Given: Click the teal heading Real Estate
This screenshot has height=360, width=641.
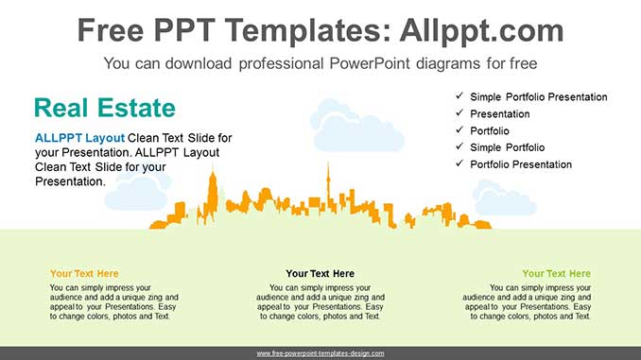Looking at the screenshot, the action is pos(105,108).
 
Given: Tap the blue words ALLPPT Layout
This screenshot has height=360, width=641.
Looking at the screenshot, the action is pos(79,138).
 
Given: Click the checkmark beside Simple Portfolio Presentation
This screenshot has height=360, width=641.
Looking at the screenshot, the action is pos(459,95).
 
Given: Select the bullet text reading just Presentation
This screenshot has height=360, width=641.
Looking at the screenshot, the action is pos(499,114).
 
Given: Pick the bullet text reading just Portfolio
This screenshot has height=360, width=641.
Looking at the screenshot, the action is pos(490,130).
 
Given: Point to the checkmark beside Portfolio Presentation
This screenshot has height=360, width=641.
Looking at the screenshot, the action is pos(459,163).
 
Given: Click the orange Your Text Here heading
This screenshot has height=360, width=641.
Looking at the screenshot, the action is pos(84,273).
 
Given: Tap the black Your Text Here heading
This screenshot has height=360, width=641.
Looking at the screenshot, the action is pos(320,273).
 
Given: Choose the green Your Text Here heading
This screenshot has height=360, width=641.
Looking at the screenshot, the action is pos(556,273).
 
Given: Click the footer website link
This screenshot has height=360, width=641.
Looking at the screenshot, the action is pos(320,353).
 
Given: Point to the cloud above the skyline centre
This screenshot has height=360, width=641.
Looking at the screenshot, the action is pos(356,125).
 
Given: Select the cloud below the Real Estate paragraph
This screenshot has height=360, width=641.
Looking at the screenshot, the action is pos(138,191).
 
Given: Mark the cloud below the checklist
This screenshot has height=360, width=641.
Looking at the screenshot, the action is pos(504,198).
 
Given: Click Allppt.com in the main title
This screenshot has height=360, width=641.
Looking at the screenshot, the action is pos(481,30).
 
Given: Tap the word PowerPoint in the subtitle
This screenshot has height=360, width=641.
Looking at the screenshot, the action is pos(370,63).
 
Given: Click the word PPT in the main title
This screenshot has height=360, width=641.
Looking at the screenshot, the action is pos(184,30).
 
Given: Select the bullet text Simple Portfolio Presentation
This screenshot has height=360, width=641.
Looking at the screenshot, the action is pos(538,96).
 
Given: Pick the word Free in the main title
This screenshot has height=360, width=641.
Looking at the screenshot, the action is pos(111,30).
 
